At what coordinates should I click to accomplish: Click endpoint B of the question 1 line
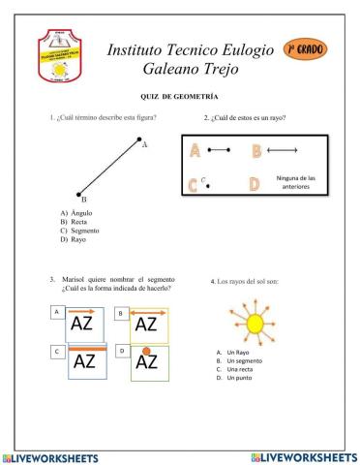pos(80,193)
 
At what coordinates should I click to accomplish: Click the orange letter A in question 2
pos(195,151)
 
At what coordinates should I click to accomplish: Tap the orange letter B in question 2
pos(256,151)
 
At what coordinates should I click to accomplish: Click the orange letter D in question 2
pos(254,183)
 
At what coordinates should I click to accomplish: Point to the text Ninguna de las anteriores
pos(296,183)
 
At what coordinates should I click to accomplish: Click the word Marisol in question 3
pos(75,279)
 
